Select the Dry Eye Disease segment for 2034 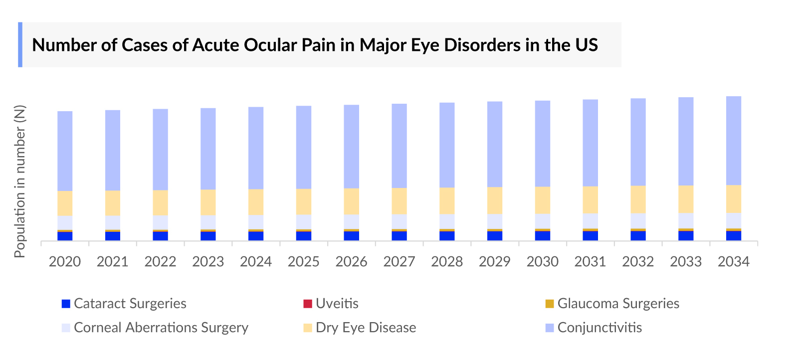[733, 199]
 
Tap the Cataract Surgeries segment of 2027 [399, 236]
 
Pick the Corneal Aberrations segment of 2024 [256, 222]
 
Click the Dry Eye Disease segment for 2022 [160, 202]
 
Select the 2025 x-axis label [303, 262]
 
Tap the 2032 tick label [638, 262]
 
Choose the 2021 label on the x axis [112, 262]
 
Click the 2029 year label [494, 262]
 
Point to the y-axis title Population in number [20, 181]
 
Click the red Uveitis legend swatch [308, 304]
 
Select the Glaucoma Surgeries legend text [618, 304]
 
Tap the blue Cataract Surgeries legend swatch [66, 304]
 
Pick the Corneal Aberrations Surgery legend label [161, 328]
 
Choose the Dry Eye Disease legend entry [366, 328]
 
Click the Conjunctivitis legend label [599, 328]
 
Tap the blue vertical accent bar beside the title [20, 44]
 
